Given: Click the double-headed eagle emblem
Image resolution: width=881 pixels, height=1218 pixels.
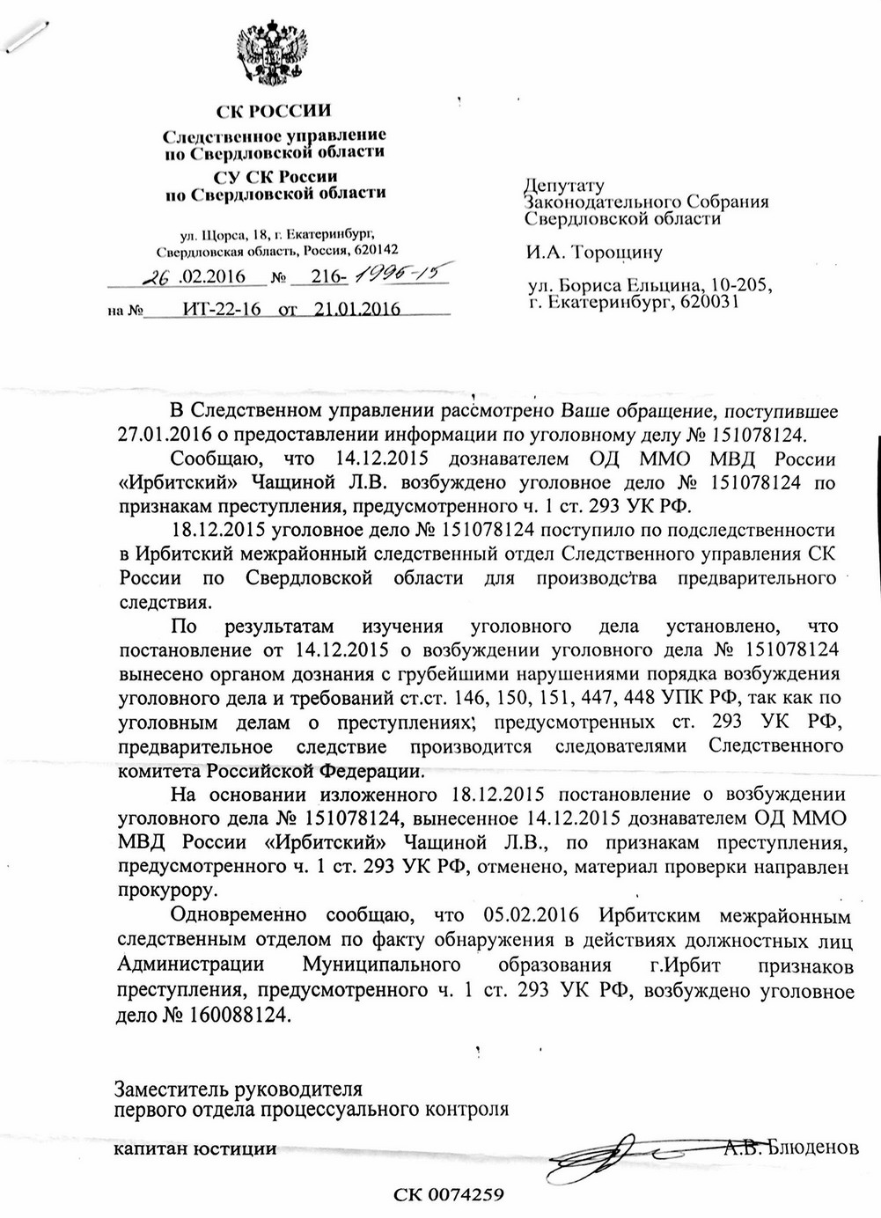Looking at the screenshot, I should click(x=273, y=56).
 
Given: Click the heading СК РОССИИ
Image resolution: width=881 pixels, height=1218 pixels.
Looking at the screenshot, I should click(x=275, y=111).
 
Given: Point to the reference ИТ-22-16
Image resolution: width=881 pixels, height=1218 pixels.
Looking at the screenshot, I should click(x=220, y=309).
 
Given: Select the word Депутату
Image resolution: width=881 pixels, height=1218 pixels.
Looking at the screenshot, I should click(x=564, y=186).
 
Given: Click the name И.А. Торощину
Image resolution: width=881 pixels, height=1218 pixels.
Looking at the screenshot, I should click(x=594, y=253).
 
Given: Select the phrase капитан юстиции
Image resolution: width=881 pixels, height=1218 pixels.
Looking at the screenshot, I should click(x=196, y=1148).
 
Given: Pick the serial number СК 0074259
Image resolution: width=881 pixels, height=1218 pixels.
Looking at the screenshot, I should click(x=448, y=1194).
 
